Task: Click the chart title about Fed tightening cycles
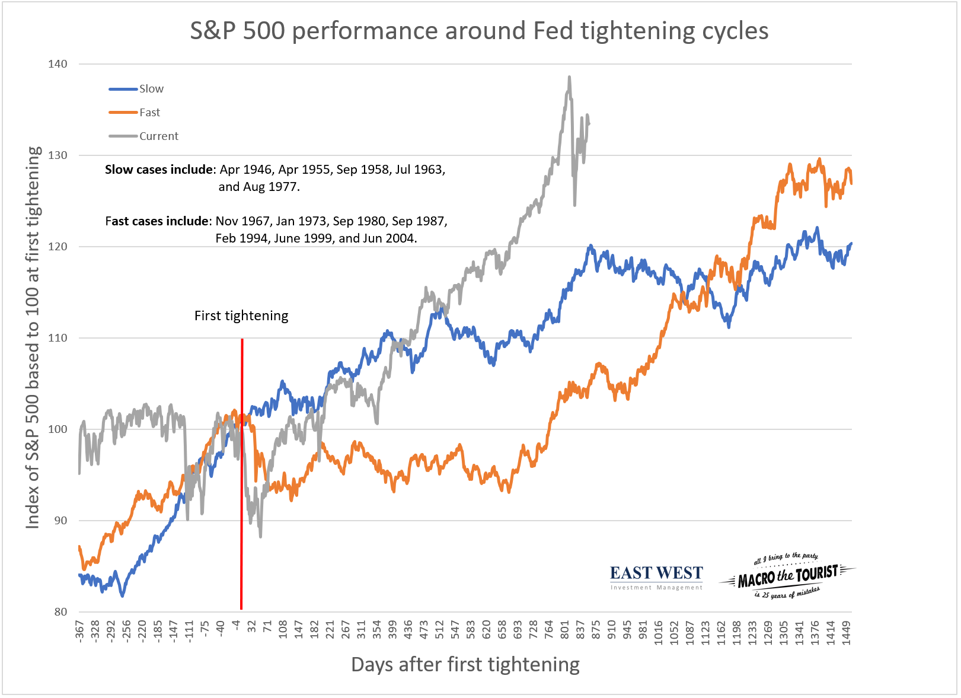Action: click(x=479, y=31)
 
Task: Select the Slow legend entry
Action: click(x=151, y=89)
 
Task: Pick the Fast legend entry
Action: click(x=149, y=113)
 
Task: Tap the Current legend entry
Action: click(x=158, y=136)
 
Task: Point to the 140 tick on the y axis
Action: click(x=58, y=64)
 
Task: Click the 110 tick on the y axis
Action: click(x=58, y=338)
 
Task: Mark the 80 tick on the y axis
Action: click(x=60, y=612)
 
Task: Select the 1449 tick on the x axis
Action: click(x=847, y=632)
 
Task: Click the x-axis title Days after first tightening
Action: click(x=465, y=665)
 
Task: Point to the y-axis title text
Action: click(x=33, y=337)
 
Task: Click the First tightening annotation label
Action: click(x=241, y=316)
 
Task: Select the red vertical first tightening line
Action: click(x=242, y=474)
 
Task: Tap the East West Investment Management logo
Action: click(x=656, y=577)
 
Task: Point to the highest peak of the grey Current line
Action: click(x=569, y=77)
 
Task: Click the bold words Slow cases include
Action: click(x=159, y=170)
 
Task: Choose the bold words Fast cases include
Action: click(x=157, y=221)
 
